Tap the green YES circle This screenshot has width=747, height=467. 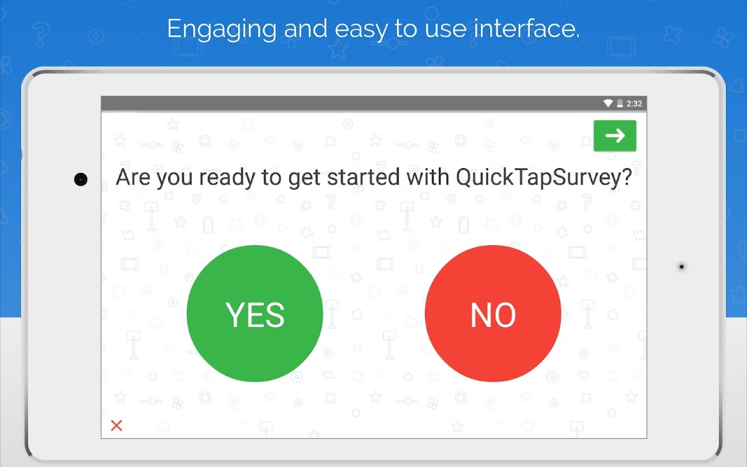[255, 313]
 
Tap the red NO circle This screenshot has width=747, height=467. [493, 313]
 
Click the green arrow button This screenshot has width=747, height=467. [615, 135]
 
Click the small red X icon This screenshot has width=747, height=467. [116, 426]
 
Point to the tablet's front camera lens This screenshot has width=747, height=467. [81, 179]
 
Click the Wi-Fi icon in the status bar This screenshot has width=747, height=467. [608, 103]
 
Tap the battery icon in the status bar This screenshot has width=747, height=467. [620, 103]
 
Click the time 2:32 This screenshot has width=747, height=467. [634, 104]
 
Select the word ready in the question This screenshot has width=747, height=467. [227, 178]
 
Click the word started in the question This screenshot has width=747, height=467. [363, 177]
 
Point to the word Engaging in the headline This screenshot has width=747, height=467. [222, 29]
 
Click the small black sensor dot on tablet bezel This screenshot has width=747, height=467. [682, 267]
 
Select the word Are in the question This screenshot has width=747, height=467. [132, 177]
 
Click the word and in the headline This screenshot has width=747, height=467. [305, 29]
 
